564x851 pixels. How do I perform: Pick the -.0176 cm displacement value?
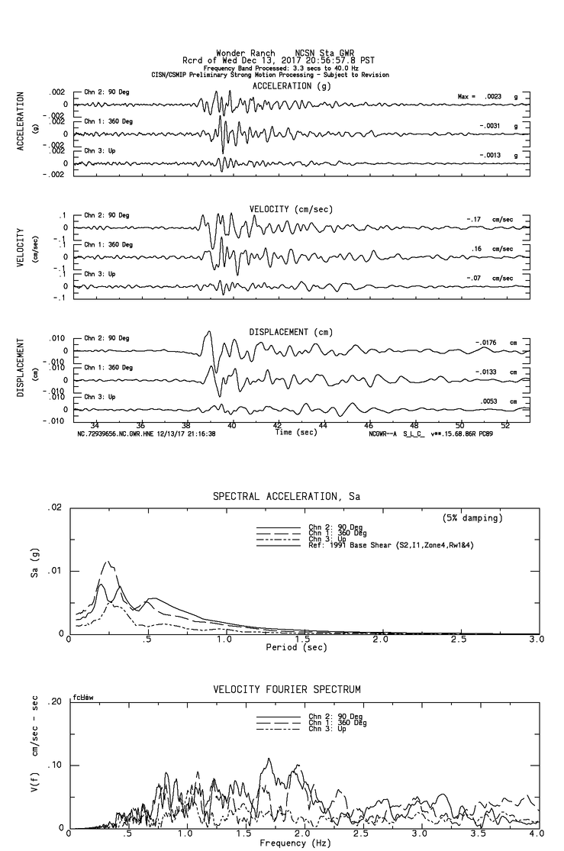tap(488, 343)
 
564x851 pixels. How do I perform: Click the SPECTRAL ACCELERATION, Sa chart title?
tap(286, 497)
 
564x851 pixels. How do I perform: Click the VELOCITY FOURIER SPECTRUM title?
tap(286, 690)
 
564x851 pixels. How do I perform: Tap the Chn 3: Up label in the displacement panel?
tap(98, 398)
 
